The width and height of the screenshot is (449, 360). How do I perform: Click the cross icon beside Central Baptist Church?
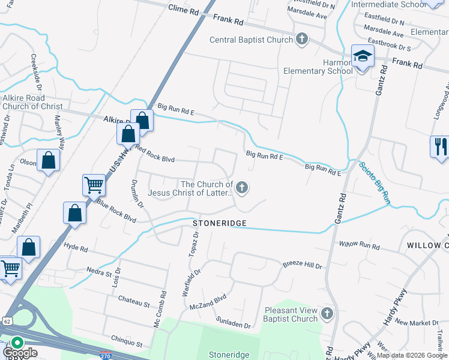302,40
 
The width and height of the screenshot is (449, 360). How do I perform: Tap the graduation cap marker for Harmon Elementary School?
363,57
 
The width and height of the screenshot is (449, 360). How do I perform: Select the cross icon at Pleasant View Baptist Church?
327,313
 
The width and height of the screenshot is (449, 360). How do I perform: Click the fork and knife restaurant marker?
439,146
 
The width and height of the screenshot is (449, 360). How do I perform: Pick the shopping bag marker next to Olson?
48,161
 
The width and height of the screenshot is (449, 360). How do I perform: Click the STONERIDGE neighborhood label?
220,223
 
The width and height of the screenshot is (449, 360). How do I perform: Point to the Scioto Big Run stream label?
375,184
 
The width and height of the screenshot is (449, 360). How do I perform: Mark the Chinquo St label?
130,344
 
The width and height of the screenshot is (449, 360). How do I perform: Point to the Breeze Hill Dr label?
303,265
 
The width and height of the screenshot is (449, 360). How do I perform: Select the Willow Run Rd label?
359,245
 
